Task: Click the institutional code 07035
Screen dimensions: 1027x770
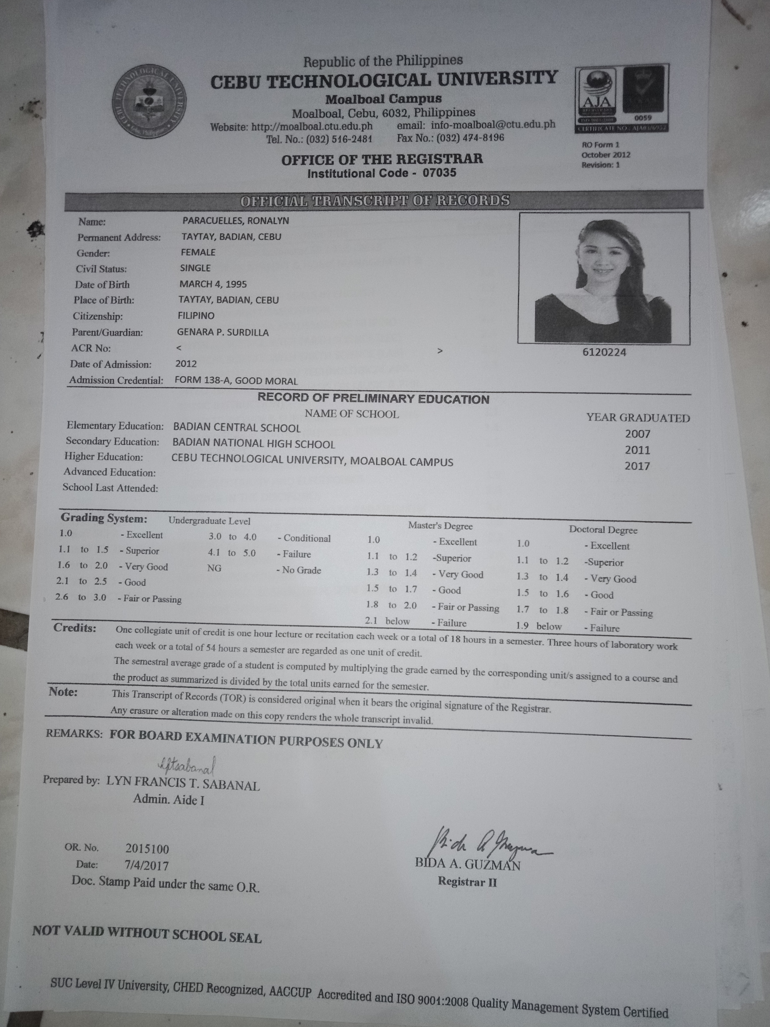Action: point(439,173)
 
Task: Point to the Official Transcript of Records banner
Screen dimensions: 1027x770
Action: point(375,200)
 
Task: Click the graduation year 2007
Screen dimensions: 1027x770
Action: point(637,434)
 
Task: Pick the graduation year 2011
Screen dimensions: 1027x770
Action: point(637,450)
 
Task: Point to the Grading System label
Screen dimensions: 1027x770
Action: point(104,518)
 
